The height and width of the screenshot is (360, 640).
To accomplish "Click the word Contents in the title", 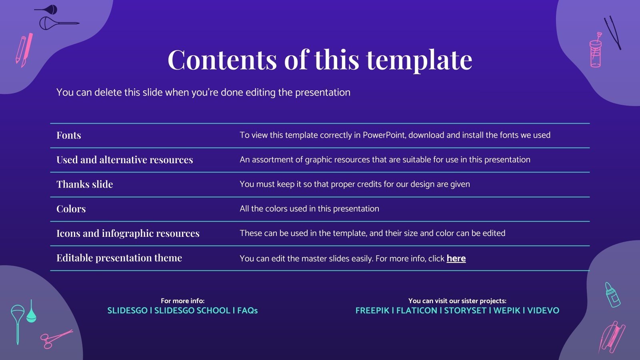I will [222, 60].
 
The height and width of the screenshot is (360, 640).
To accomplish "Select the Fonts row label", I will [69, 135].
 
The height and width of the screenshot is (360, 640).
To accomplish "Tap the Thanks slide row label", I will [85, 184].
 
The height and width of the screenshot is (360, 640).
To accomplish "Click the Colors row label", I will [71, 209].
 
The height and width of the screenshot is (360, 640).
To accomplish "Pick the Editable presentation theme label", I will [119, 258].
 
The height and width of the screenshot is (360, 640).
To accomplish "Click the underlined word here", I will [456, 258].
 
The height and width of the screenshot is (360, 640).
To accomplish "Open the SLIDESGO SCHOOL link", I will [192, 310].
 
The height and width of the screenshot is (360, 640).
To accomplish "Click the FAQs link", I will [248, 310].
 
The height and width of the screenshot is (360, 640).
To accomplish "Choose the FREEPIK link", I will [372, 310].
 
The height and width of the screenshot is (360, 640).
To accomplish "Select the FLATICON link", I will [416, 310].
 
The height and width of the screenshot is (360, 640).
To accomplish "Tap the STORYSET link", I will [465, 310].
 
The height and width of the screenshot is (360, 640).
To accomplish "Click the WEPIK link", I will [507, 310].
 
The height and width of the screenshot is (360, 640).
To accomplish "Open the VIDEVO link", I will [543, 310].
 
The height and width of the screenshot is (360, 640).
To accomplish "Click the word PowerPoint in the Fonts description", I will [384, 135].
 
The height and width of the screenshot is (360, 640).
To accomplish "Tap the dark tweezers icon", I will [612, 32].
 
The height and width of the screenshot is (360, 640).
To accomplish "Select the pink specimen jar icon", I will [596, 52].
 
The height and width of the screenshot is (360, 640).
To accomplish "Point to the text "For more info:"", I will [182, 301].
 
